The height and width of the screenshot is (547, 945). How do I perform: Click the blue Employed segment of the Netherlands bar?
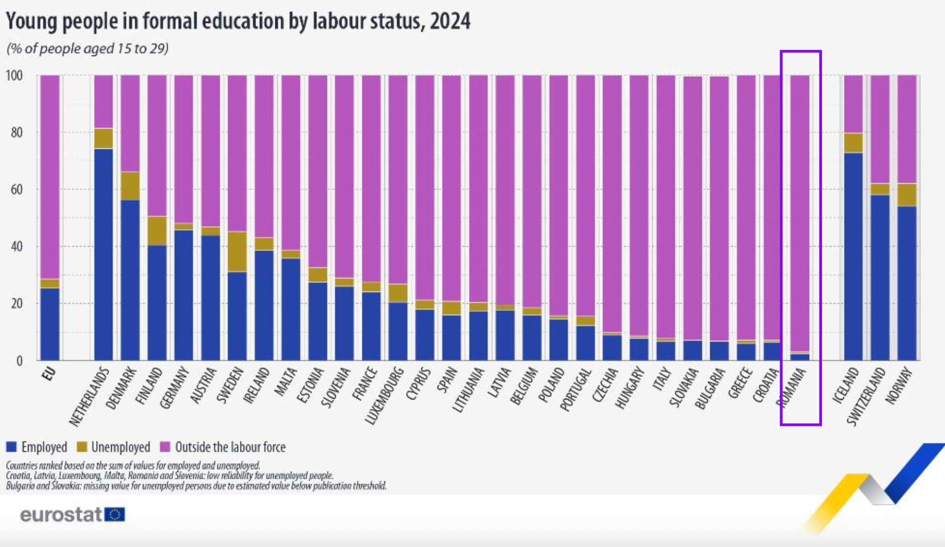click(x=104, y=254)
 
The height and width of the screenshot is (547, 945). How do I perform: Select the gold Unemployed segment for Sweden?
click(x=237, y=252)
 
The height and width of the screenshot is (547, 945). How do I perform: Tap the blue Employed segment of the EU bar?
click(x=49, y=324)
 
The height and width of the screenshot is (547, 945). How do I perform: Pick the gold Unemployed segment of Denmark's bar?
click(x=130, y=186)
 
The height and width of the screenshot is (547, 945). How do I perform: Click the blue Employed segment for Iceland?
click(x=853, y=257)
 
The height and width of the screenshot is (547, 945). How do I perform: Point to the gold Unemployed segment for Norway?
click(x=907, y=195)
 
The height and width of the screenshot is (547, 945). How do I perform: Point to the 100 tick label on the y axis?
click(x=14, y=76)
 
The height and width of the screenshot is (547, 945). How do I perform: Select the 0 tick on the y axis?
click(x=19, y=361)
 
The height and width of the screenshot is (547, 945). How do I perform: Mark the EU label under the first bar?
click(x=49, y=374)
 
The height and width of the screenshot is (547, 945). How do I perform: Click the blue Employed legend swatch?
click(x=11, y=447)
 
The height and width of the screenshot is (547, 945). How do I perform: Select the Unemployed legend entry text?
click(x=120, y=447)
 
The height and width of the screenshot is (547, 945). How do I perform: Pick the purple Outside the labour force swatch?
click(x=165, y=447)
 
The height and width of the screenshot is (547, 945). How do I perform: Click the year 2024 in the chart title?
click(x=450, y=21)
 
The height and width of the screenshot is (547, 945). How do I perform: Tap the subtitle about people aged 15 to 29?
click(x=88, y=49)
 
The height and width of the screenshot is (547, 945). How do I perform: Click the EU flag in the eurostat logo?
click(x=115, y=515)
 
